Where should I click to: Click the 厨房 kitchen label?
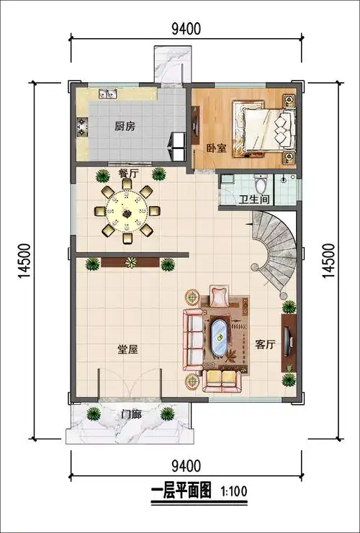click(125, 126)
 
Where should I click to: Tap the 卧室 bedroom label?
click(216, 148)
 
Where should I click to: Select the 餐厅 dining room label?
click(128, 174)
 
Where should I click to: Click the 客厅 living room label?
click(265, 344)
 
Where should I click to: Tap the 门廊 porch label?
click(131, 414)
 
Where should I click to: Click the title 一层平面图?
click(181, 493)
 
